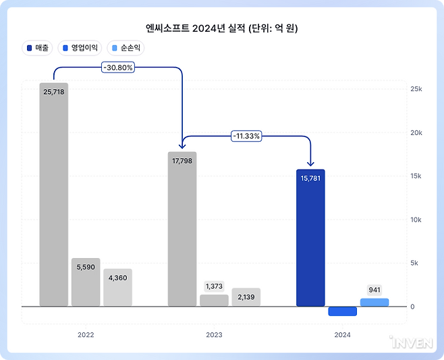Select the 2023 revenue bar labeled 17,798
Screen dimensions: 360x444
pos(182,230)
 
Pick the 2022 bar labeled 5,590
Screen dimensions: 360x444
pos(86,282)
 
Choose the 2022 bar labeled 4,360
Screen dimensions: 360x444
pos(117,288)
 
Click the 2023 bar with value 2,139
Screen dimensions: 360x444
pos(246,297)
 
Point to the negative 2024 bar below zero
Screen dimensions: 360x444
pos(342,311)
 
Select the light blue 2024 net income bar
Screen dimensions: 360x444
pos(374,303)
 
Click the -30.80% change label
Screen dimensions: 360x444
pos(118,67)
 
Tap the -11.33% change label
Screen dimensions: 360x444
pos(246,136)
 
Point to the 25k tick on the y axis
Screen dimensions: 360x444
pos(416,89)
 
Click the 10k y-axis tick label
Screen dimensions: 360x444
pos(416,220)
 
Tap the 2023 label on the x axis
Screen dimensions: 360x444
pos(214,334)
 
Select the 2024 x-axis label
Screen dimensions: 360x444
pos(342,334)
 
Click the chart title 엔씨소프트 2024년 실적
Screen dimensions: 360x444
pos(222,28)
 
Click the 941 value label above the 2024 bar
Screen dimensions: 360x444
pos(374,290)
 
